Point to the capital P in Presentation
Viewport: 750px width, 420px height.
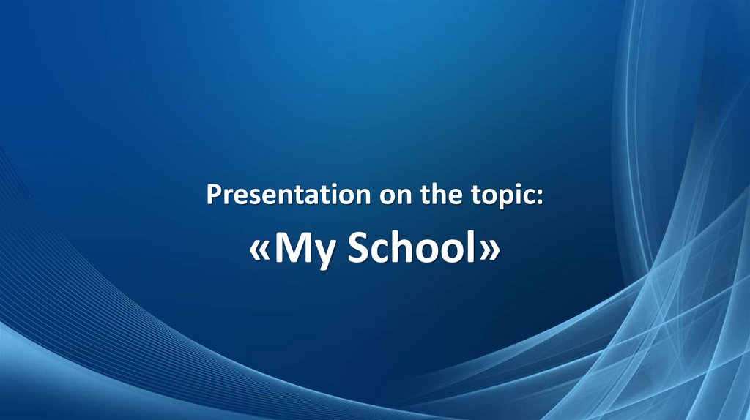click(x=213, y=195)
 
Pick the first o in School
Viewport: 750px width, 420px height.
click(x=425, y=252)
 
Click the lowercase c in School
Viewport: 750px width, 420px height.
click(x=378, y=252)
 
